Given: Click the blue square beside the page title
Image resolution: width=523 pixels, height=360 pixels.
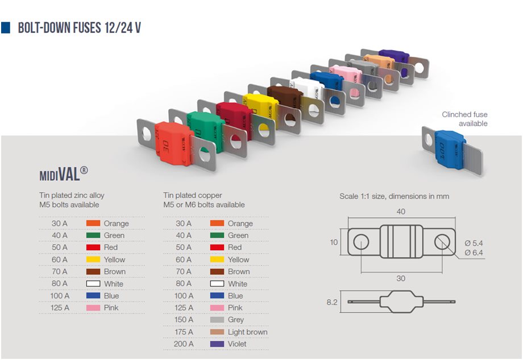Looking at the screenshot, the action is pyautogui.click(x=6, y=28).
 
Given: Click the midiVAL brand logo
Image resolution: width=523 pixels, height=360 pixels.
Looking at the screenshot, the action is pyautogui.click(x=63, y=174).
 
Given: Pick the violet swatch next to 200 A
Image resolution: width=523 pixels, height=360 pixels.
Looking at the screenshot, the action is pyautogui.click(x=217, y=344).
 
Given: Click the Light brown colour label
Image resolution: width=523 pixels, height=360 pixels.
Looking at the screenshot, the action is pyautogui.click(x=247, y=332).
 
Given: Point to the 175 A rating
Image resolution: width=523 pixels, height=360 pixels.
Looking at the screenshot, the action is pyautogui.click(x=184, y=332).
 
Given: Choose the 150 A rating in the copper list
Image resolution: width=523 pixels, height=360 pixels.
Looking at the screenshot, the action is pyautogui.click(x=184, y=320).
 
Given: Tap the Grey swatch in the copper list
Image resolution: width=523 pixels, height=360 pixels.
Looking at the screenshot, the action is pyautogui.click(x=217, y=320).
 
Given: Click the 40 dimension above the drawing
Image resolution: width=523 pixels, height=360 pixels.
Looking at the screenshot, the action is pyautogui.click(x=401, y=212).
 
